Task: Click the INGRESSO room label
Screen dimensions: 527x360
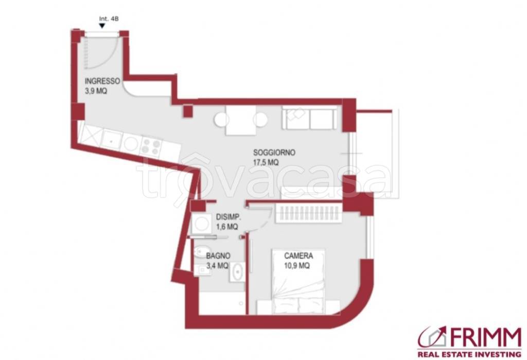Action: pos(102,81)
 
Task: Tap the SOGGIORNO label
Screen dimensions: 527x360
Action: pos(274,152)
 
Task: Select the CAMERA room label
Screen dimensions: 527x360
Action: pos(298,255)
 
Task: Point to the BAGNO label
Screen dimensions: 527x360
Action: pos(218,255)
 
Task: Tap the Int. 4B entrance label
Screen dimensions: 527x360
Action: pos(109,19)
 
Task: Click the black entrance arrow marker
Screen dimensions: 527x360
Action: pos(102,26)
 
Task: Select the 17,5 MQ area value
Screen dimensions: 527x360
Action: pos(266,163)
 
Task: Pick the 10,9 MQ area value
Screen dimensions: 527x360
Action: pos(297,266)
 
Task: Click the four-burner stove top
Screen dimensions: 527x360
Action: pos(151,147)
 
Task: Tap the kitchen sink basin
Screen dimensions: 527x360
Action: pos(111,140)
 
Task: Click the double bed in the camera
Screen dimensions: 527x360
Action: pos(298,282)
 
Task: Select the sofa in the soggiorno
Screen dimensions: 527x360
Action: pos(309,118)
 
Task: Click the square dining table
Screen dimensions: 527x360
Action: pos(241,120)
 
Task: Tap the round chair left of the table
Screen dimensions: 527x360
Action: pos(221,120)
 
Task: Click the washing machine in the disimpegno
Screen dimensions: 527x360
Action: pos(201,224)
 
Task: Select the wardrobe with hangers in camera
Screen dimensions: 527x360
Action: pos(309,213)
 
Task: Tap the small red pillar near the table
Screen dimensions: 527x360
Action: pos(188,111)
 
